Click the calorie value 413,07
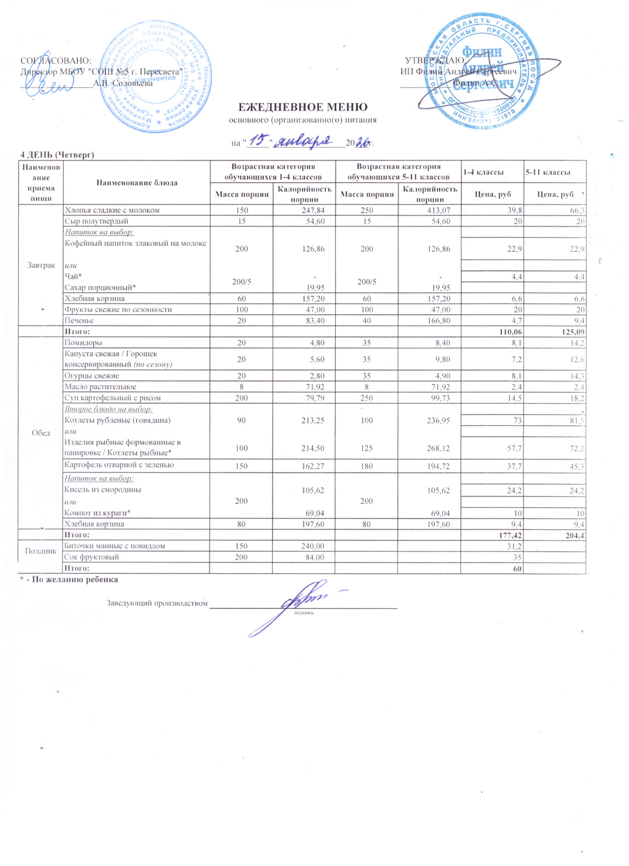[x=439, y=211]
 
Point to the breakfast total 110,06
[x=509, y=332]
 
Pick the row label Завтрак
[x=41, y=265]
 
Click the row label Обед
[x=41, y=433]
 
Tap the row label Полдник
[x=41, y=551]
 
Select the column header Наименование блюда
[x=137, y=183]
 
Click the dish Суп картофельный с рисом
[x=112, y=398]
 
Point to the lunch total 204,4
[x=573, y=535]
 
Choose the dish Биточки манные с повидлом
[x=115, y=546]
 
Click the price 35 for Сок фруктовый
[x=518, y=557]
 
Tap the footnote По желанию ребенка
[x=71, y=579]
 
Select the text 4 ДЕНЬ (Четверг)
[x=57, y=155]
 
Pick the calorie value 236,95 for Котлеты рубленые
[x=439, y=421]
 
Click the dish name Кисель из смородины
[x=103, y=490]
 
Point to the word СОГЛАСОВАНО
[x=55, y=61]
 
